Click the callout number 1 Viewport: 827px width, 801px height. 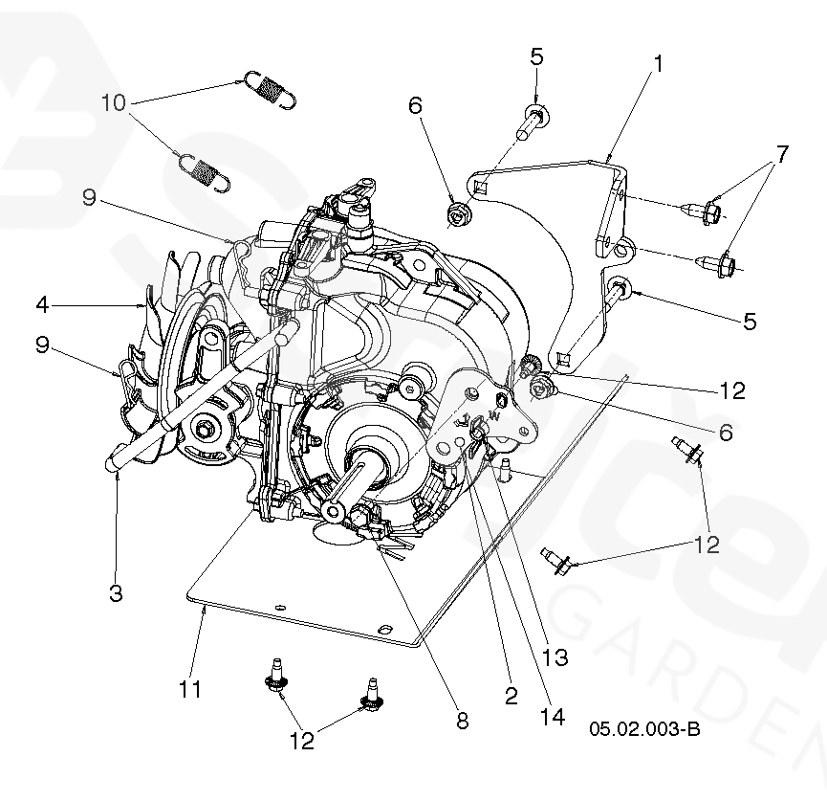(658, 65)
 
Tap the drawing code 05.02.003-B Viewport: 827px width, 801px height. (644, 729)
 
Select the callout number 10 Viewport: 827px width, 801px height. (113, 102)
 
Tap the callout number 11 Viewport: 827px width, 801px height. (190, 688)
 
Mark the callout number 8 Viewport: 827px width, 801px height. (462, 722)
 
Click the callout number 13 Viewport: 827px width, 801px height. (555, 657)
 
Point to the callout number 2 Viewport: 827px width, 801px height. (511, 696)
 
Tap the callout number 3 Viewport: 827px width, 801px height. (115, 592)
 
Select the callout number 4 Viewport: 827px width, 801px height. (42, 305)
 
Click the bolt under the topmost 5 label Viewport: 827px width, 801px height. (532, 122)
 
